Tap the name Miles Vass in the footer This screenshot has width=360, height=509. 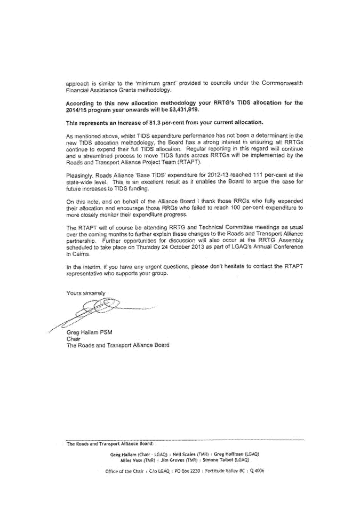pyautogui.click(x=132, y=460)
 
